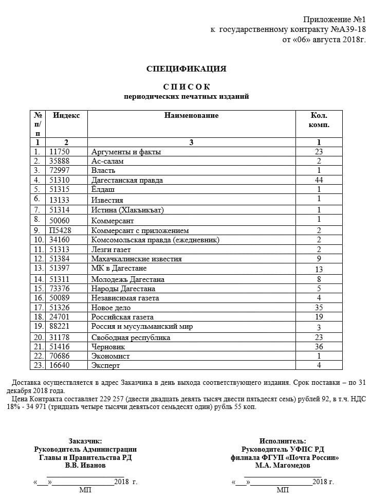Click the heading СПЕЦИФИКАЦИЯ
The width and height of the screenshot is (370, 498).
tap(186, 69)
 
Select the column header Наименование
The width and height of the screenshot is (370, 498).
tap(191, 116)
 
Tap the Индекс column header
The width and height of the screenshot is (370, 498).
tap(66, 116)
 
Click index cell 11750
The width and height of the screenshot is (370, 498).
tap(59, 152)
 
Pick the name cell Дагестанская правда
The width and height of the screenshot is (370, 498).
tap(127, 180)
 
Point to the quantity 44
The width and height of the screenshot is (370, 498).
tap(319, 180)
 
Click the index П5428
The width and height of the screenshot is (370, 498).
tap(60, 230)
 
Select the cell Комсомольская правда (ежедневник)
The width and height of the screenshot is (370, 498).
tap(155, 240)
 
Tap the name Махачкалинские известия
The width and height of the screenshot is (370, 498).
tap(136, 259)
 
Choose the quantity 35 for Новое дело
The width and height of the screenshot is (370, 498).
tap(319, 308)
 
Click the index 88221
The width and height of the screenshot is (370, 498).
tap(59, 327)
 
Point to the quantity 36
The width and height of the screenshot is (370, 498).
tap(319, 347)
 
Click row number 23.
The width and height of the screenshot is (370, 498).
tap(38, 365)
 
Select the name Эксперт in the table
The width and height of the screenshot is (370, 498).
tap(105, 365)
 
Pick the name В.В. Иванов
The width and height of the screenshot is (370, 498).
tap(85, 465)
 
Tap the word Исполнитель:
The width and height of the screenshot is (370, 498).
tap(283, 441)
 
